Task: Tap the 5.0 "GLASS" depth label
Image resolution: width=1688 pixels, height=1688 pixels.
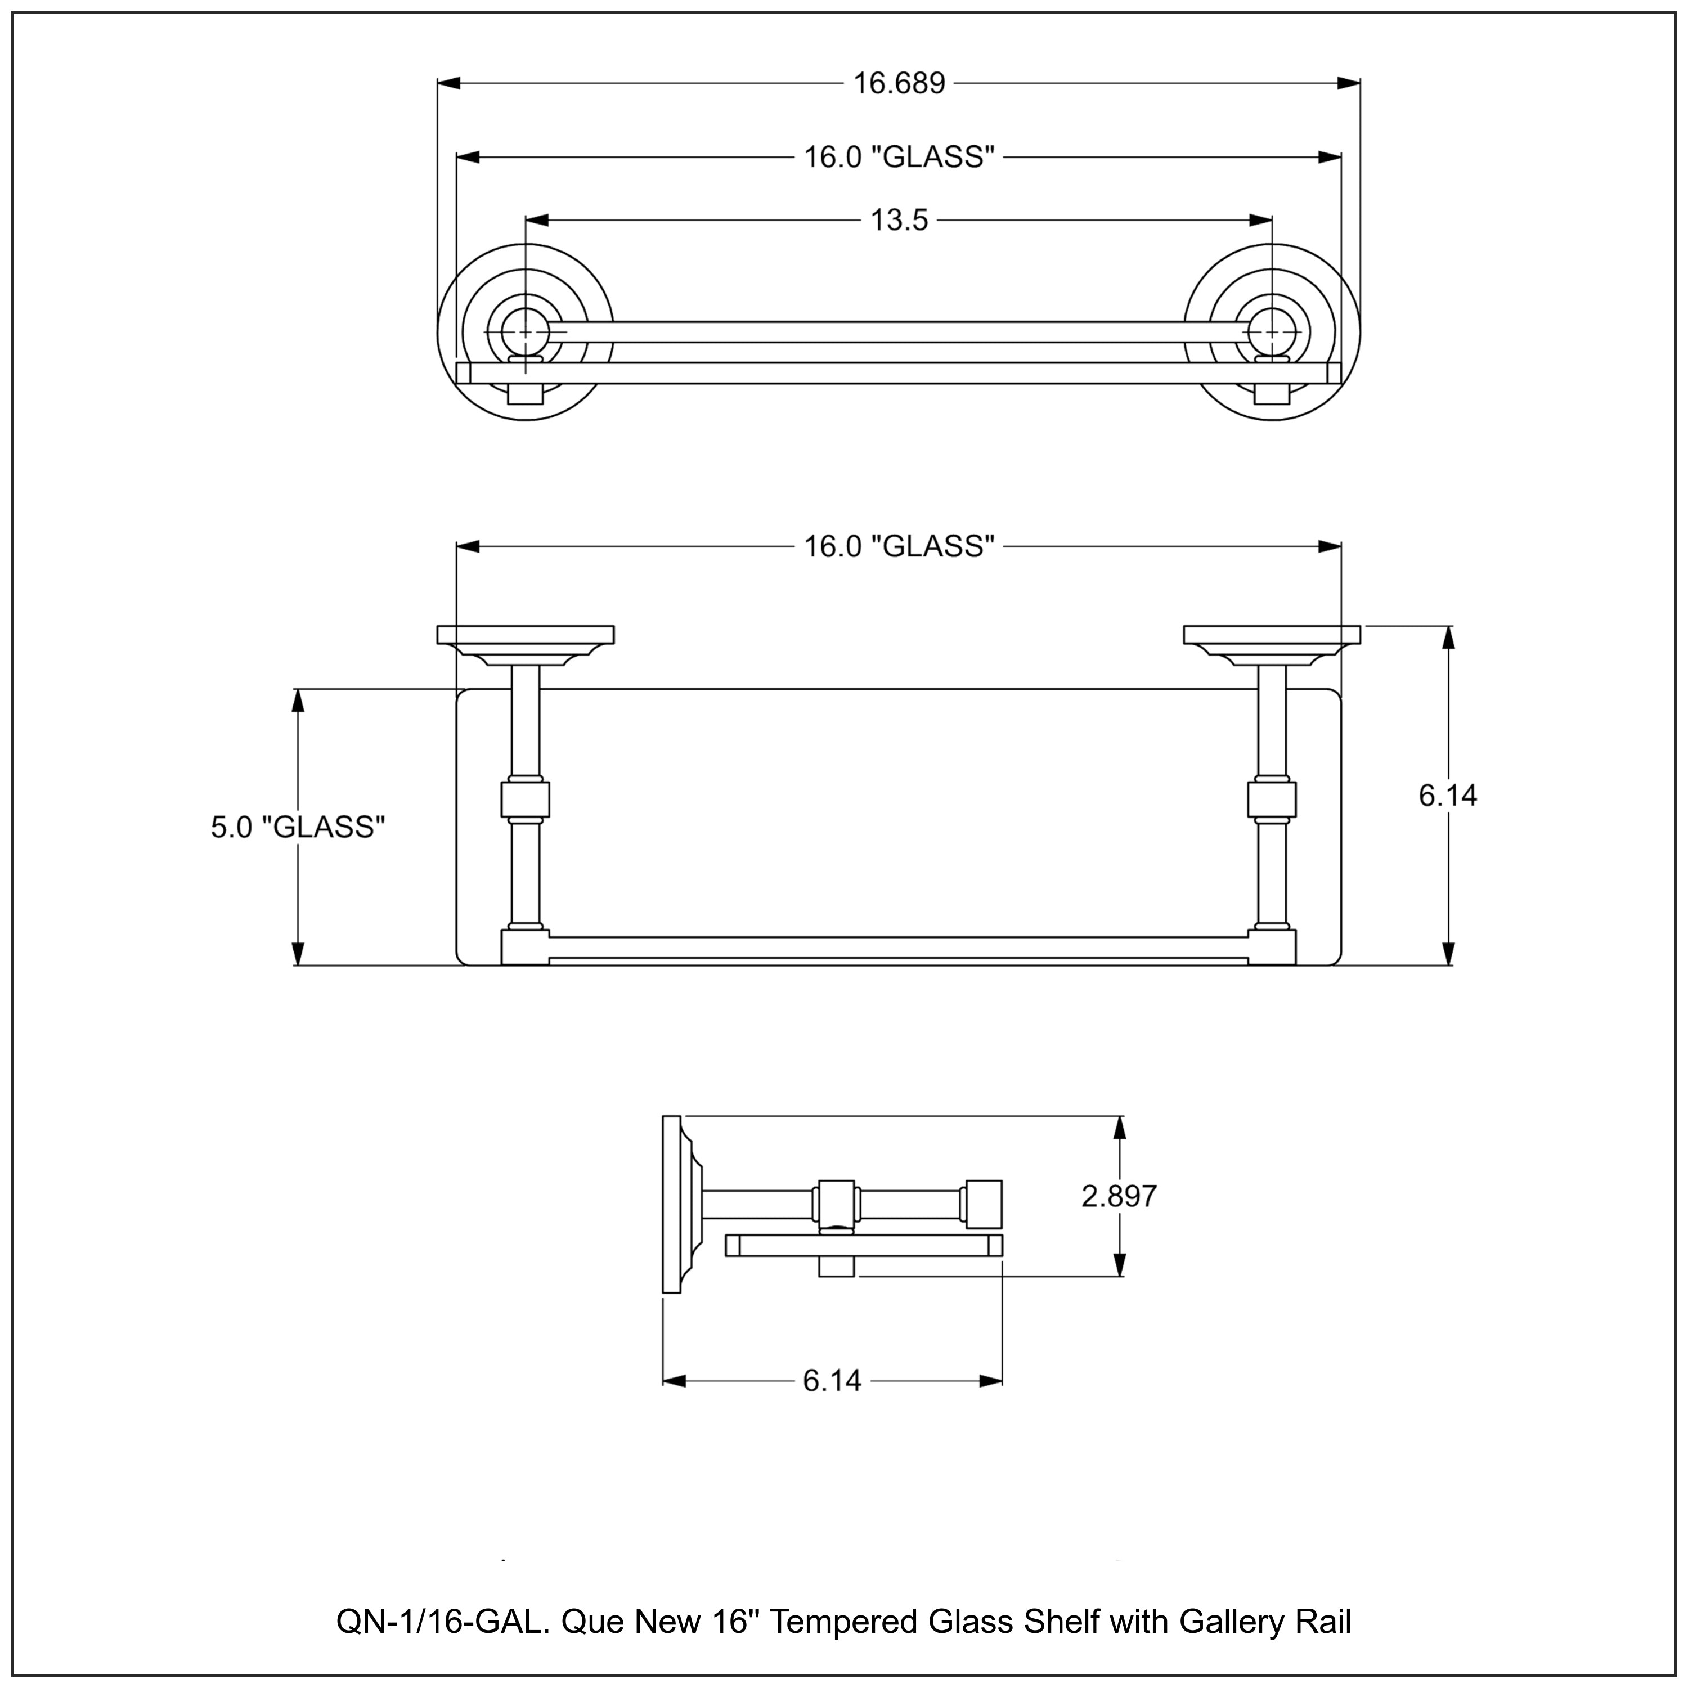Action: point(298,827)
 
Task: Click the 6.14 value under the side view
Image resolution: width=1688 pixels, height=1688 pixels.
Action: point(831,1381)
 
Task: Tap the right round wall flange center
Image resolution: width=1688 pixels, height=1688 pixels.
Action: point(1272,332)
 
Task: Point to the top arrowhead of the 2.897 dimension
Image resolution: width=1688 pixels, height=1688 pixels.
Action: point(1120,1129)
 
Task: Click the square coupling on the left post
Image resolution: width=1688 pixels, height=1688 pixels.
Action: point(525,798)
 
